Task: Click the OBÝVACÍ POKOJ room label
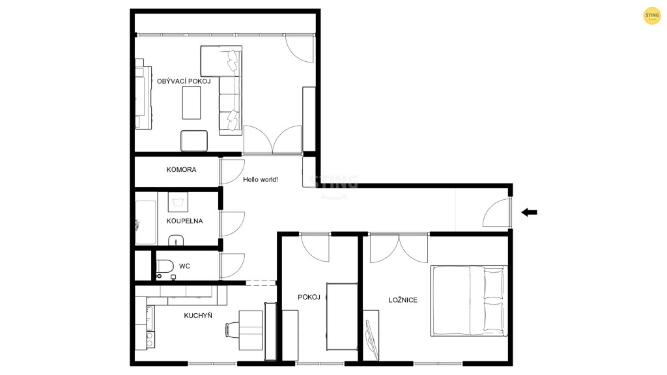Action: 184,81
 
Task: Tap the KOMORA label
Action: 181,170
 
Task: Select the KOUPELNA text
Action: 184,221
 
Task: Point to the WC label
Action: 184,266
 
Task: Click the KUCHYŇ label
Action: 198,316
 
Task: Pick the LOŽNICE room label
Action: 403,300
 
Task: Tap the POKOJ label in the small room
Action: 309,297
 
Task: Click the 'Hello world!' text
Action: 261,180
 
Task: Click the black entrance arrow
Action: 529,212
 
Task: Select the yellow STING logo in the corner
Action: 652,16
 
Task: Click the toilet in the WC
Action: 164,266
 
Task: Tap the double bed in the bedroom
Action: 469,301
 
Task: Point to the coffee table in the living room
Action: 192,102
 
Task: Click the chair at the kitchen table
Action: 232,329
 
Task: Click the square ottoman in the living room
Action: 194,141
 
